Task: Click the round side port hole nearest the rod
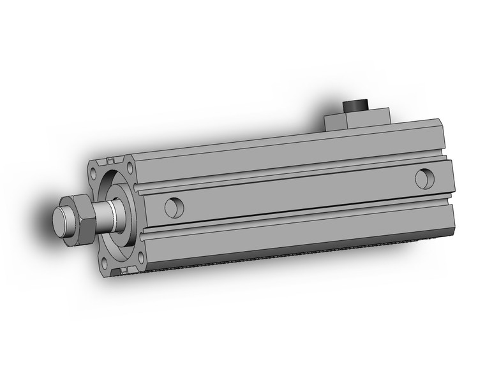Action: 174,206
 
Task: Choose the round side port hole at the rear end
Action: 423,178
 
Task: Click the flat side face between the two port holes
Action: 294,194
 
